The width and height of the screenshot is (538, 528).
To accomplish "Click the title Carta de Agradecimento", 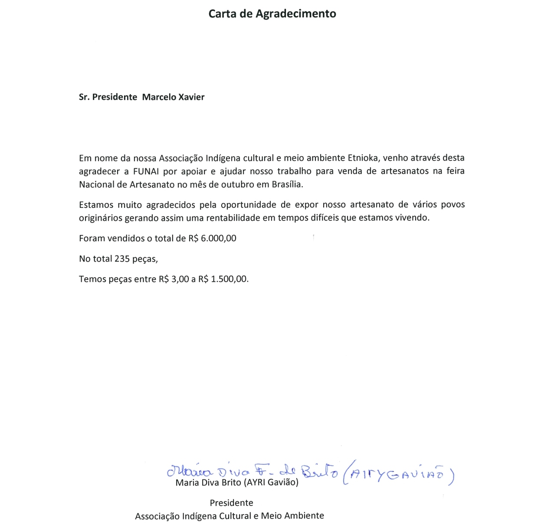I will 272,14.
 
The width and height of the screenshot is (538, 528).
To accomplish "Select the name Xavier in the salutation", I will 191,97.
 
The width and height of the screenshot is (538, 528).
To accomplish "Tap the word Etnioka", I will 364,158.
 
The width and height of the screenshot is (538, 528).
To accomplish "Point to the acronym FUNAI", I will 146,171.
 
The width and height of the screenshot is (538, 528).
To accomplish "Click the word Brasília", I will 287,184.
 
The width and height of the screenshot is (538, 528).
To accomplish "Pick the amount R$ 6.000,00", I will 212,238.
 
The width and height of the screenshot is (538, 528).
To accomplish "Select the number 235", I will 122,259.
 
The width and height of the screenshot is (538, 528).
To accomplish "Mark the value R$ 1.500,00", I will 223,279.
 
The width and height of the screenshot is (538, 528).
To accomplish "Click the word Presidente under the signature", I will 231,503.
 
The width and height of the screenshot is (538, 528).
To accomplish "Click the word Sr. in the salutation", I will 84,97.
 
